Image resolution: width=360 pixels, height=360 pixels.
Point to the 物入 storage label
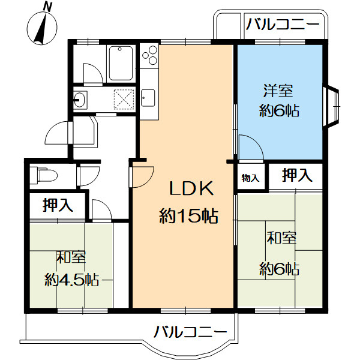coord(250,178)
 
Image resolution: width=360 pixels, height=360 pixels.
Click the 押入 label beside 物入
coord(297,176)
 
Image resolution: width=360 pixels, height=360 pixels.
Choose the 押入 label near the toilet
coord(58,206)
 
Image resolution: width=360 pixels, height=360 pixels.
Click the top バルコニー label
coord(283,25)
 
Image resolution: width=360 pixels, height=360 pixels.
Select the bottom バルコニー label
coord(190,331)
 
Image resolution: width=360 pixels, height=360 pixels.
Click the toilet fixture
coord(43,175)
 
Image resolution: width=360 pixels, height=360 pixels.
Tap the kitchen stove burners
coord(148,58)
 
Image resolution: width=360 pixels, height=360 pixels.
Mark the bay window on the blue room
coord(332,109)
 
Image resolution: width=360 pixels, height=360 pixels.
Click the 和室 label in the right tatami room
coord(281,239)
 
